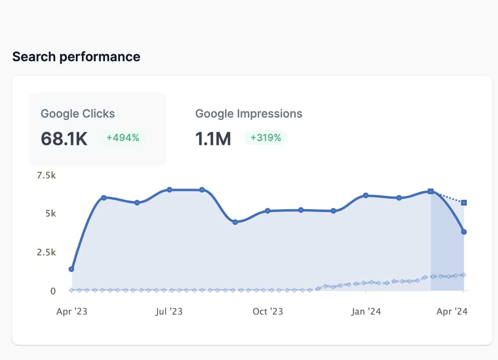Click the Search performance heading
76,57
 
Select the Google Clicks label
78,114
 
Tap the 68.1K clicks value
64,139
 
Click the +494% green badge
122,138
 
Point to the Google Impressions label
249,114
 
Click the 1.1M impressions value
213,139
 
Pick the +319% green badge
266,138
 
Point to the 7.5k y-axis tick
46,176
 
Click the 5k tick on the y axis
51,213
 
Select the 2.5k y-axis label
46,252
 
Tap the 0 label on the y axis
53,291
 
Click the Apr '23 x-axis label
72,311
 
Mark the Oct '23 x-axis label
268,311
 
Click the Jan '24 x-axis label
366,311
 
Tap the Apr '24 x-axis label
452,311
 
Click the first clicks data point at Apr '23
72,269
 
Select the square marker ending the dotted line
464,202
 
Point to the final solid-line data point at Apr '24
464,232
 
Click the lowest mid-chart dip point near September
235,222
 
